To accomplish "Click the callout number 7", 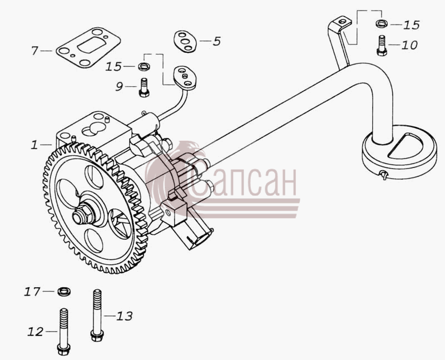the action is (34, 51).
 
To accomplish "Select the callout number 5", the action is (217, 41).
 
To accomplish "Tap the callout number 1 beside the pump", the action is (34, 145).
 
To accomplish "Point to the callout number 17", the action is (32, 292).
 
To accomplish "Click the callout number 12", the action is (36, 332).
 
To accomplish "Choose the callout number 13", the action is (124, 315).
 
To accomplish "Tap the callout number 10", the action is (409, 45).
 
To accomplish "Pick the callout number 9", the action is (119, 86).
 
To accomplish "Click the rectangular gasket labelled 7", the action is (88, 47).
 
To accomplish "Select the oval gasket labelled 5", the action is (185, 41).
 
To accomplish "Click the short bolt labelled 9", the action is (144, 87).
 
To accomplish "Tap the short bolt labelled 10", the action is (382, 46).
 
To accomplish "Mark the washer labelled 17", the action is (64, 292).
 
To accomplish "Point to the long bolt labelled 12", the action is (63, 332).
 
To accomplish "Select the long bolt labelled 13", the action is (97, 315).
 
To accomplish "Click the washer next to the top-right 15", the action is (382, 23).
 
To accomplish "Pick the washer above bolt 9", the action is (144, 67).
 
